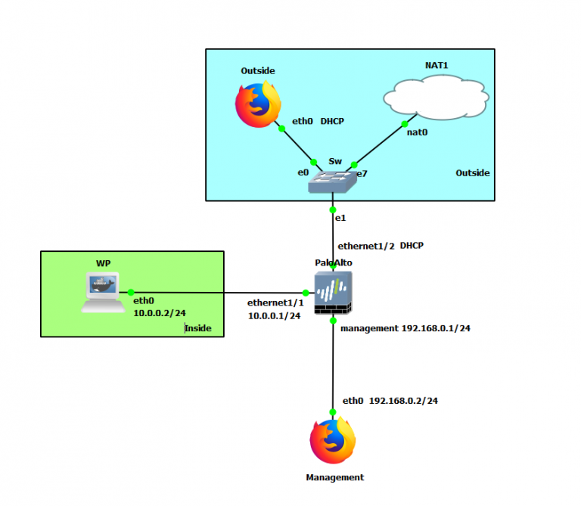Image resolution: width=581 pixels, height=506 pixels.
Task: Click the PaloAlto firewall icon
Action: [x=333, y=294]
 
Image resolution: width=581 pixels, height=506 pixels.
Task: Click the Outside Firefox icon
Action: [x=257, y=104]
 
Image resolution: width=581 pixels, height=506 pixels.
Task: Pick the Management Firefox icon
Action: [x=333, y=442]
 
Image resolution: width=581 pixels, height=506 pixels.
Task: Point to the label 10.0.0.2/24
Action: [x=160, y=312]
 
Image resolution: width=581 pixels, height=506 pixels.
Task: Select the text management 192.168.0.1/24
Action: [x=405, y=329]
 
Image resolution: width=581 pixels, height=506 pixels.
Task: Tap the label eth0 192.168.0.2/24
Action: [x=390, y=401]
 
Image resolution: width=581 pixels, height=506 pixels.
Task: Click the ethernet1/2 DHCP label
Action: [x=380, y=246]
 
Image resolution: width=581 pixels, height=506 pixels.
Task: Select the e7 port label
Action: [x=362, y=174]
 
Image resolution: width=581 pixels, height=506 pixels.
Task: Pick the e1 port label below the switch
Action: [x=340, y=218]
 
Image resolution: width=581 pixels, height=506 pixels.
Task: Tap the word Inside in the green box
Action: [x=199, y=328]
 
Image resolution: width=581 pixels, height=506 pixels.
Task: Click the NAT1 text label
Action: [x=437, y=66]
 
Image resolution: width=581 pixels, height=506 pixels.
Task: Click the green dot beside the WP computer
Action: [x=131, y=292]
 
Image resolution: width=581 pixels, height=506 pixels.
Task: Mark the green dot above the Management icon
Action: [x=333, y=412]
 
